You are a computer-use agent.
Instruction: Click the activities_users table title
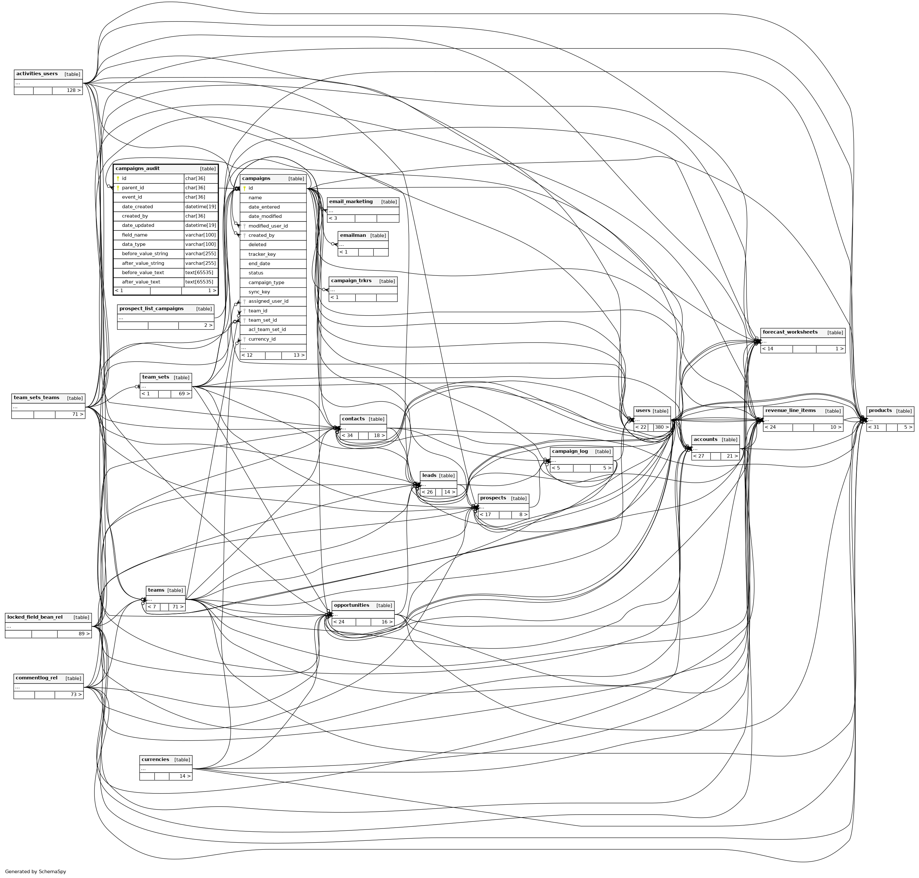coord(37,74)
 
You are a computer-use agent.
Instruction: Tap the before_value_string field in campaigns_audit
coord(145,254)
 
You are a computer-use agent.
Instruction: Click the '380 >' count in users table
coord(661,427)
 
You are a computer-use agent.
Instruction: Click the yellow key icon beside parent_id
coord(118,188)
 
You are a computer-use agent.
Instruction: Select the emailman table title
coord(353,236)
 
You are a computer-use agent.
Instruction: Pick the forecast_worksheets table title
coord(790,332)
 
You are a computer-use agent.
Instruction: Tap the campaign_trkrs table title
coord(351,281)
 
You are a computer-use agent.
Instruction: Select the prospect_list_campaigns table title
coord(151,309)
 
